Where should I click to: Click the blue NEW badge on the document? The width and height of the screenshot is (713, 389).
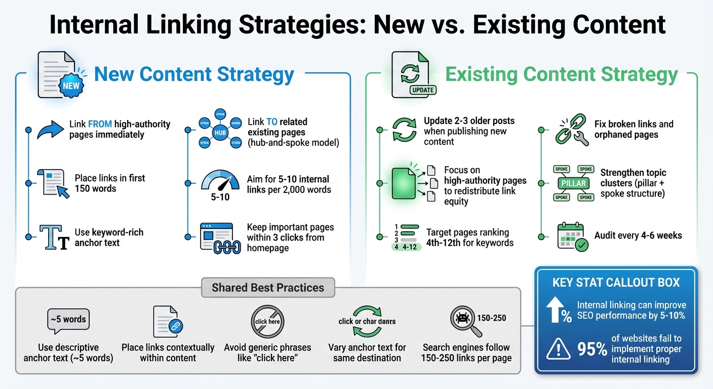coord(71,85)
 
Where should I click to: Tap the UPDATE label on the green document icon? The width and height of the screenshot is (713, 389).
coord(423,90)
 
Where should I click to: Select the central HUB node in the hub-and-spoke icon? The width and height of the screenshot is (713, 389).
coord(220,133)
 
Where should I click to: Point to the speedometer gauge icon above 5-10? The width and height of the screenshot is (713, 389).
coord(220,181)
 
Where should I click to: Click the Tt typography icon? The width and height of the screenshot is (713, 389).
coord(54,238)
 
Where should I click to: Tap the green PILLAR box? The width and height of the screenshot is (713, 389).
coord(574,183)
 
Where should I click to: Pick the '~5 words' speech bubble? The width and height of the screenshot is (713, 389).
coord(68,320)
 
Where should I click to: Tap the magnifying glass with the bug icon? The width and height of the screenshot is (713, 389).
coord(464,321)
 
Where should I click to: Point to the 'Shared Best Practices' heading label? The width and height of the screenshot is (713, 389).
coord(268,288)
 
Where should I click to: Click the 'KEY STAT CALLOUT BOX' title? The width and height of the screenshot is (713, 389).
coord(616,283)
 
